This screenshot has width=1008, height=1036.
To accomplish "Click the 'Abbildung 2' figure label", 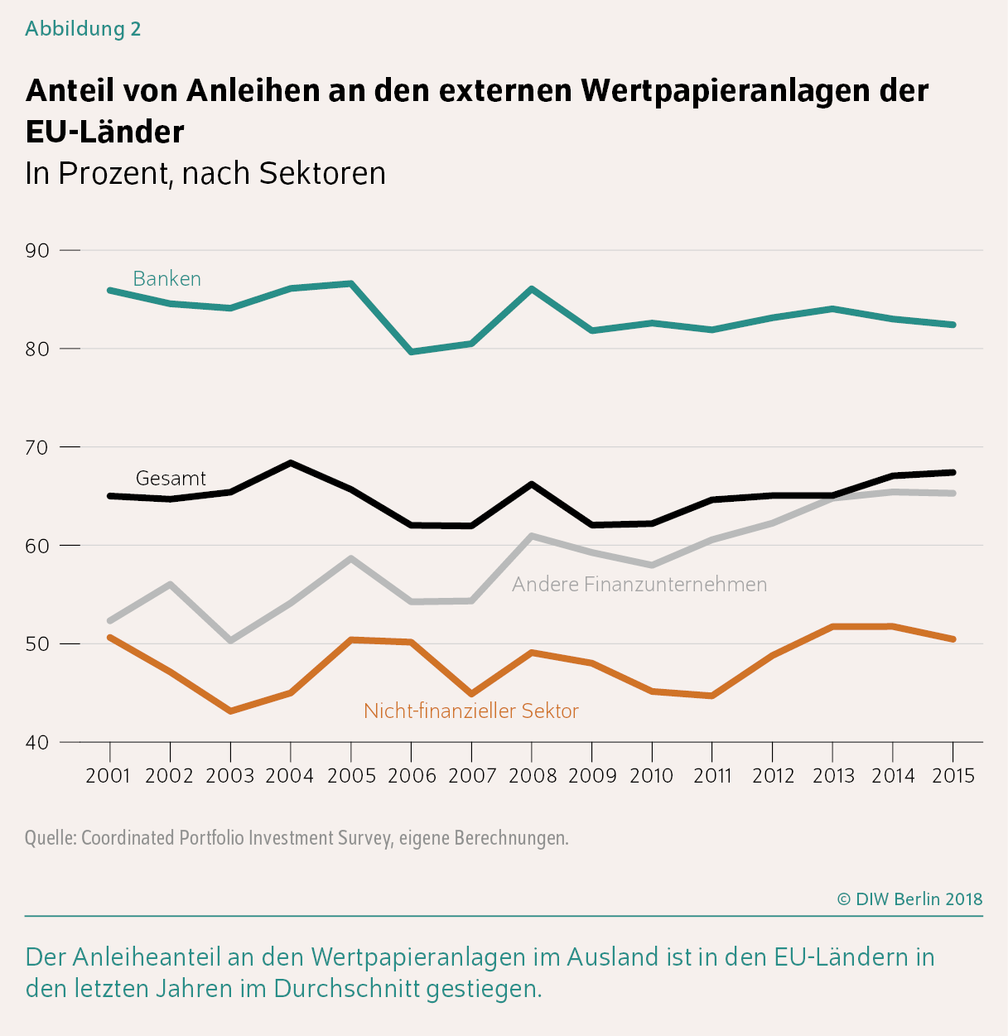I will [83, 29].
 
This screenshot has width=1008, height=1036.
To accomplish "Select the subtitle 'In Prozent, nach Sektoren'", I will [205, 173].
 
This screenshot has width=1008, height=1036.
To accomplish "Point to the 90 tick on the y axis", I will [38, 250].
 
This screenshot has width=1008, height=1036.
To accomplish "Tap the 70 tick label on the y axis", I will [38, 447].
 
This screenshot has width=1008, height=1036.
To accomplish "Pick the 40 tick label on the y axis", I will [38, 743].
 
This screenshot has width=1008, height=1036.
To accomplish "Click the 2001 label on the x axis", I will [109, 776].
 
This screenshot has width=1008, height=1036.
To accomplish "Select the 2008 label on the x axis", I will [532, 776].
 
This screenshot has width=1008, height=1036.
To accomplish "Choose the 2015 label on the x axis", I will [953, 776].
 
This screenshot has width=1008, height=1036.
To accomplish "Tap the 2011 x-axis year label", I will [712, 776].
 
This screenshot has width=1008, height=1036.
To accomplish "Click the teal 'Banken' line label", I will [166, 279].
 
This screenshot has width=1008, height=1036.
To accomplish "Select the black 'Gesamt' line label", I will [171, 479].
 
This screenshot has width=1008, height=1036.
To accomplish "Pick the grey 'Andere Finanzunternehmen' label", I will [639, 585].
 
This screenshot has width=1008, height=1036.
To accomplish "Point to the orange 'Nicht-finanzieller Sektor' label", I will [470, 711].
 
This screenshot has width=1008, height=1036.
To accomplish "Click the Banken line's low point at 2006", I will [412, 352].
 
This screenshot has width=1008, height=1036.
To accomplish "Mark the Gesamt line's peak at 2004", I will [291, 463].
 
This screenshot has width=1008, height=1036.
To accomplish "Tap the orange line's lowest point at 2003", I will [230, 711].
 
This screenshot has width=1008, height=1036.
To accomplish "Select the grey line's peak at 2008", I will [532, 536].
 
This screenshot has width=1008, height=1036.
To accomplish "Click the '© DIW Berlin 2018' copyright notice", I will [909, 899].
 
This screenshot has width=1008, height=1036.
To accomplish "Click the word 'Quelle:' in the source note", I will [51, 838].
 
